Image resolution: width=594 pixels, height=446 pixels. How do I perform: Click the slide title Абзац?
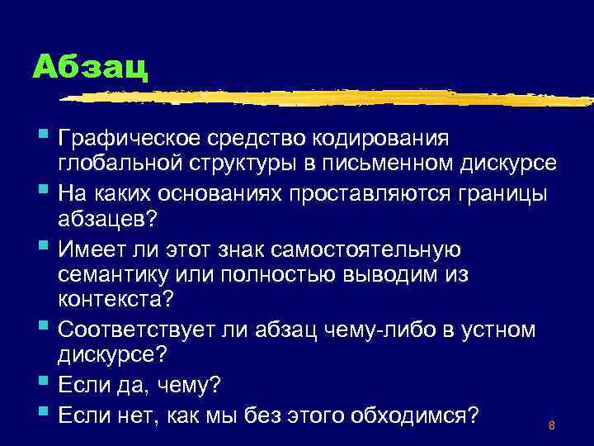91,66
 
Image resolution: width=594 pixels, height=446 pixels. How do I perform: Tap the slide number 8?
550,426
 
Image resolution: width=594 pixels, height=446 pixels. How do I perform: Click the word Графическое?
135,136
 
